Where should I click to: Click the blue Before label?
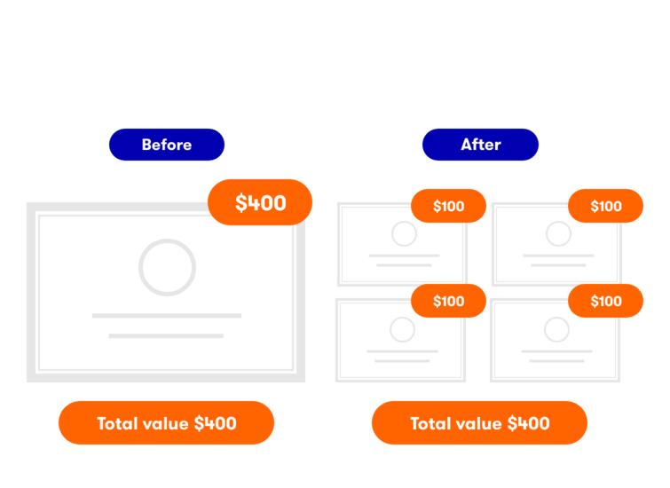coord(167,145)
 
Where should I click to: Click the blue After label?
coord(480,145)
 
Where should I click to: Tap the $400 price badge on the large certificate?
coord(260,202)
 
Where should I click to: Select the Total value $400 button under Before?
coord(166,423)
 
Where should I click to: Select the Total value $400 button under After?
coord(479,423)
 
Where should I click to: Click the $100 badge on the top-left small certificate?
coord(449,206)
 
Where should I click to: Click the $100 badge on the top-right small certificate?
coord(606,206)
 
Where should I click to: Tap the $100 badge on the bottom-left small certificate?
coord(449,301)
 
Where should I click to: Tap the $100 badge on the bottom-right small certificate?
coord(606,301)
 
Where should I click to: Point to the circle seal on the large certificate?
coord(167,267)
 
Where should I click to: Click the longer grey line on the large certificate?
coord(167,315)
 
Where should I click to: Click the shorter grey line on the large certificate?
coord(166,335)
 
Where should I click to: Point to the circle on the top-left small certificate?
coord(404,234)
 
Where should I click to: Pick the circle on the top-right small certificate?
coord(558,234)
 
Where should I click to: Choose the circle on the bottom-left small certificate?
coord(402,330)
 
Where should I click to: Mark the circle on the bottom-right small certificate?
coord(556,330)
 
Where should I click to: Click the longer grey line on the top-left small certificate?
coord(403,256)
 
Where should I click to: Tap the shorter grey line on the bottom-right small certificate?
coord(556,360)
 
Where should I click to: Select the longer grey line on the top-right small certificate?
coord(558,256)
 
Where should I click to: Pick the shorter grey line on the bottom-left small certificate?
coord(402,360)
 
